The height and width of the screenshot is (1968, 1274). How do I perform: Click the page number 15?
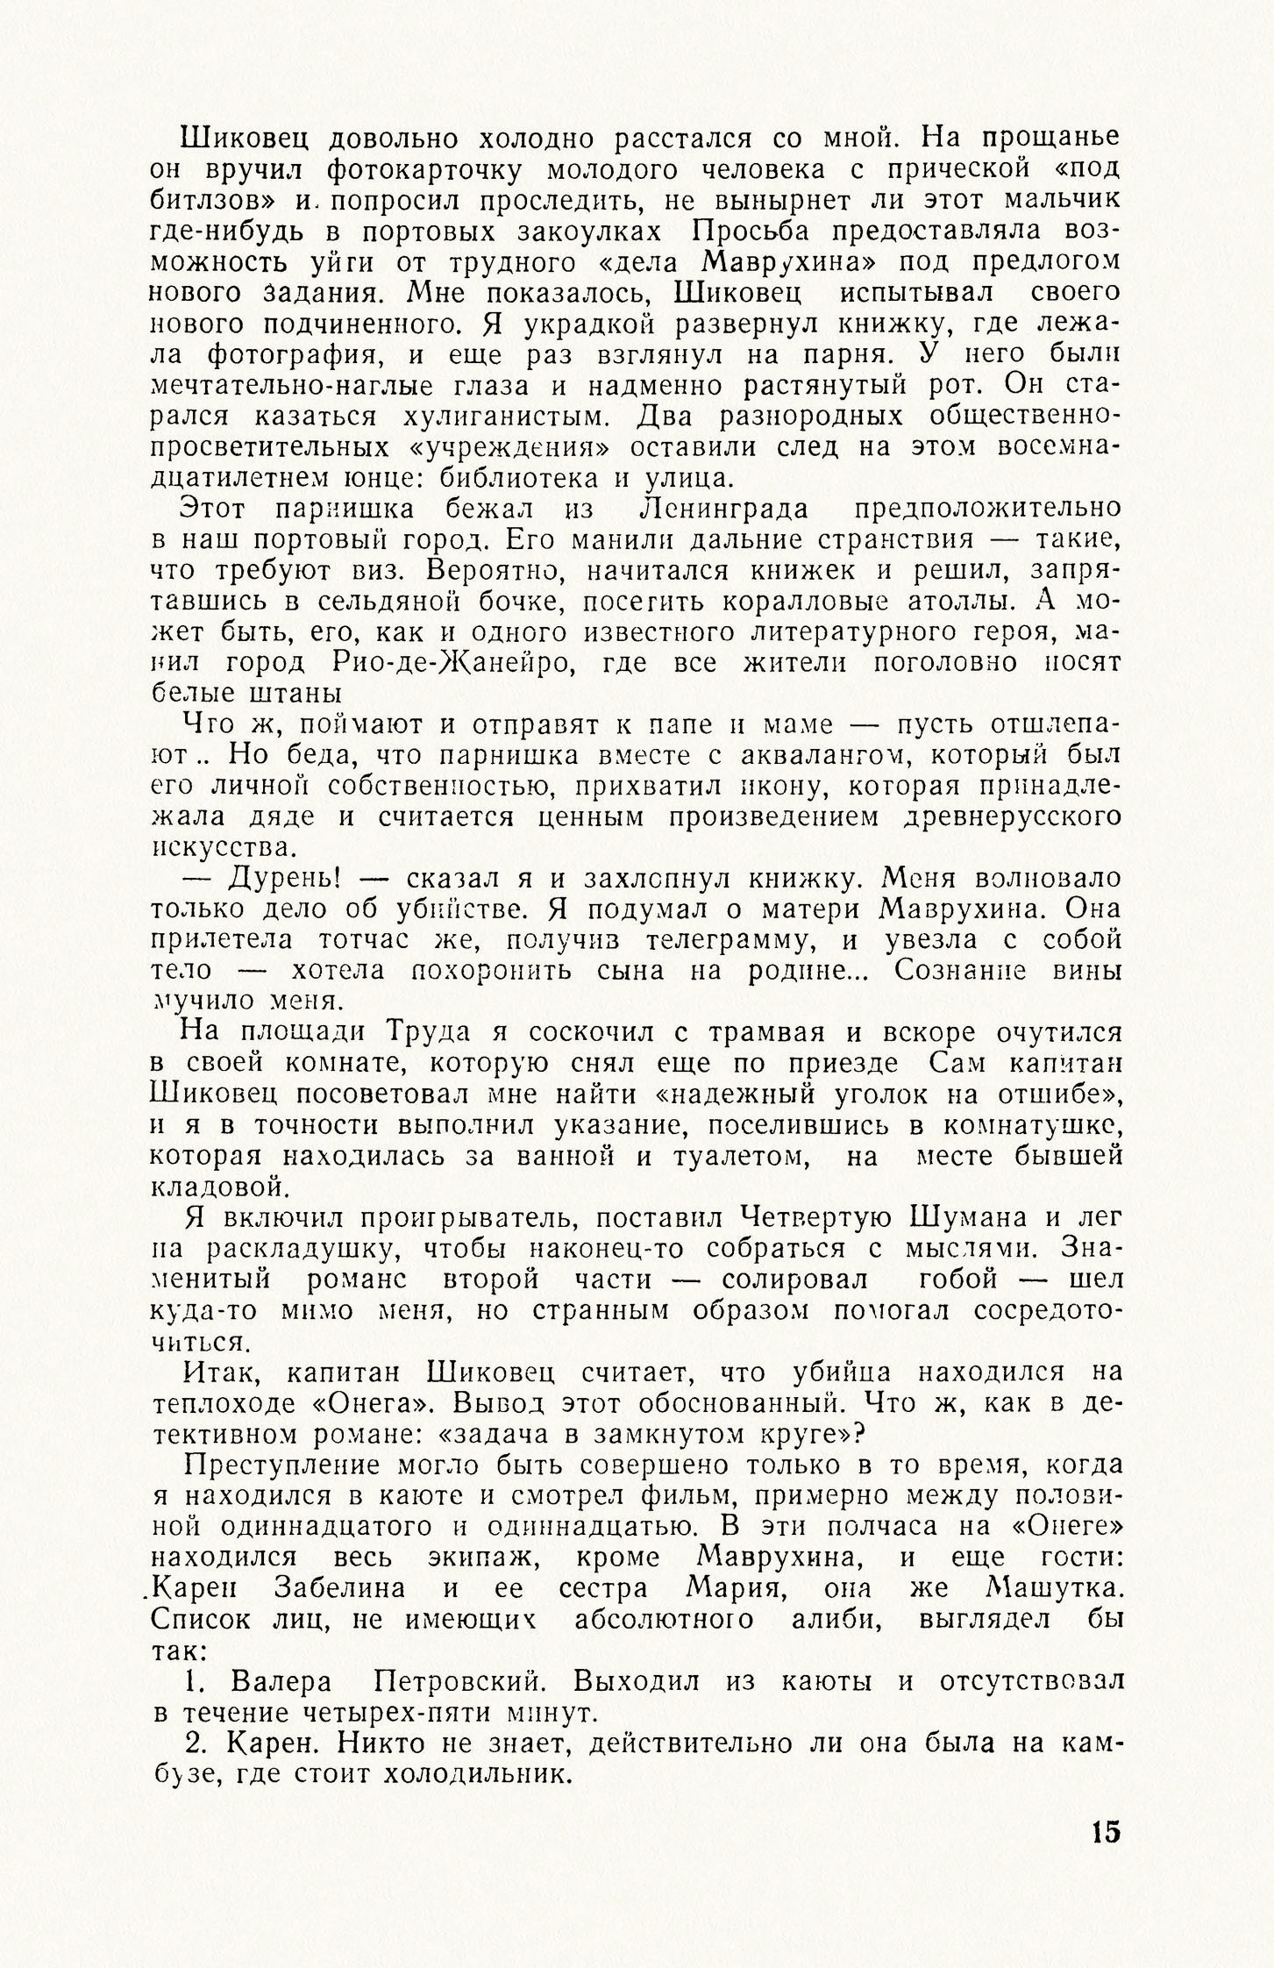click(1106, 1831)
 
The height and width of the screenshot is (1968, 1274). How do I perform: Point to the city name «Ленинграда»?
click(727, 509)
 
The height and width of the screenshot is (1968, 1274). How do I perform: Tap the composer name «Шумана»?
click(976, 1218)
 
